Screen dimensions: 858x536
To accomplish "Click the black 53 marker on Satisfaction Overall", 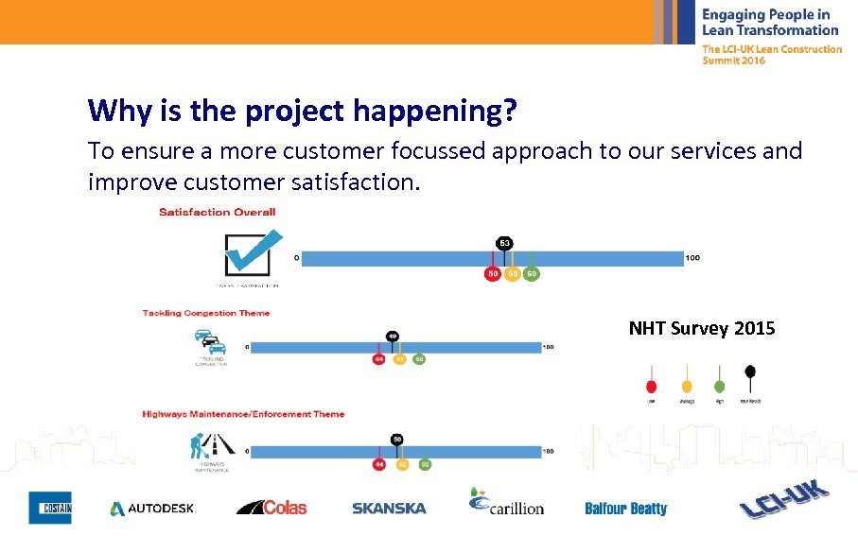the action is point(504,243).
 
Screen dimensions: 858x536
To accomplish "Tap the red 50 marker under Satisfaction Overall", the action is point(492,274).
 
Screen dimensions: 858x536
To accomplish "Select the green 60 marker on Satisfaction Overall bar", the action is point(533,274).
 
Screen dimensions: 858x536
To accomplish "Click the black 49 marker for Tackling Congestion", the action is point(392,336).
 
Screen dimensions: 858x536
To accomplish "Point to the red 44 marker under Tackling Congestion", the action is point(379,359).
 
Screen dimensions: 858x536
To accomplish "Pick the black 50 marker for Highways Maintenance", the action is point(397,440).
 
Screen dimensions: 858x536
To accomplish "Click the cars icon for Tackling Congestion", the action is point(207,342).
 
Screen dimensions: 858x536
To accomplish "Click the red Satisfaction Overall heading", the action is point(218,212).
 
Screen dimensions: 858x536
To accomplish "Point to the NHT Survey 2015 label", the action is point(701,329).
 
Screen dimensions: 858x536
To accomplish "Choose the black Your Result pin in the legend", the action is point(750,372).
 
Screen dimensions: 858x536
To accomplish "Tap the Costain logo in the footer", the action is point(49,508).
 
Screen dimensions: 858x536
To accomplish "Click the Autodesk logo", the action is point(151,509).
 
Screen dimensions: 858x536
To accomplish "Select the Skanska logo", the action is point(389,509).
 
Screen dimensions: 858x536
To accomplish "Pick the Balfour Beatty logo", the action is point(625,509).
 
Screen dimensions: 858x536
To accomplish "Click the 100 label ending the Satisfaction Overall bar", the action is point(692,257).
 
